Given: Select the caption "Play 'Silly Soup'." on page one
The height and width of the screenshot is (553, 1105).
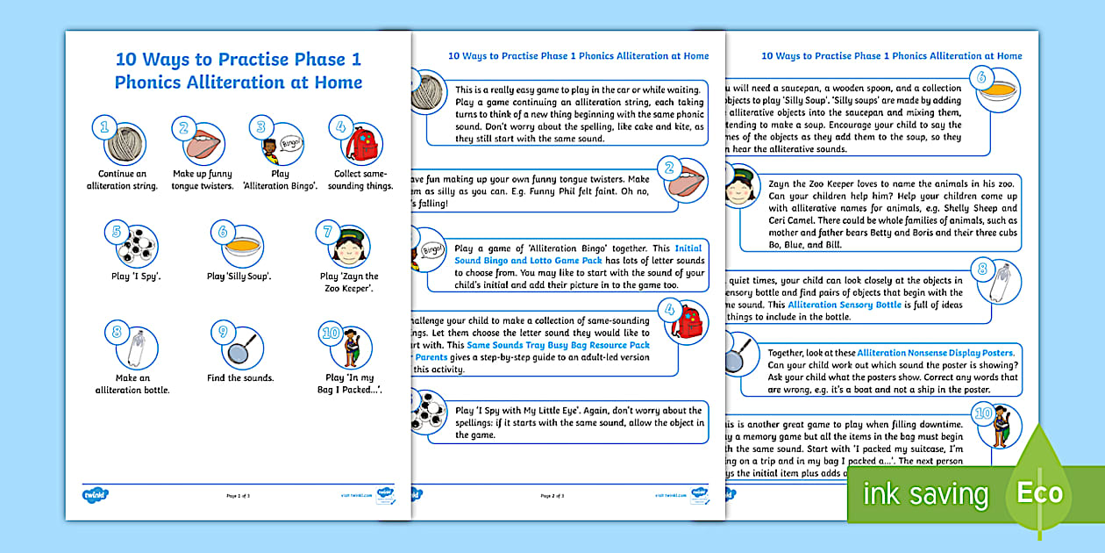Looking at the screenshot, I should point(238,276).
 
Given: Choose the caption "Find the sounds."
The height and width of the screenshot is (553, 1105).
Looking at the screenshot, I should point(240,378).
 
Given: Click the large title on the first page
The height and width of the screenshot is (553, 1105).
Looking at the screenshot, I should point(239,71).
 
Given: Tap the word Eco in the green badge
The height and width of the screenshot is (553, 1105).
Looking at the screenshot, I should point(1039,492).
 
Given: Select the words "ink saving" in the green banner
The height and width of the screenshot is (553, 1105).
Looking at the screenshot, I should point(924,493).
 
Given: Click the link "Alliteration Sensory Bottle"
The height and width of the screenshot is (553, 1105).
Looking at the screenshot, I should point(844,305).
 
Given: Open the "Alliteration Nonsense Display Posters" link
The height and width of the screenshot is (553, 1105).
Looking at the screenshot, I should point(936,352).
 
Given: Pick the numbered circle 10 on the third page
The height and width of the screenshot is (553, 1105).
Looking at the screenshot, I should point(983,413).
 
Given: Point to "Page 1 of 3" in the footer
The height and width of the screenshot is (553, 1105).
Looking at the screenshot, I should point(238,497).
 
